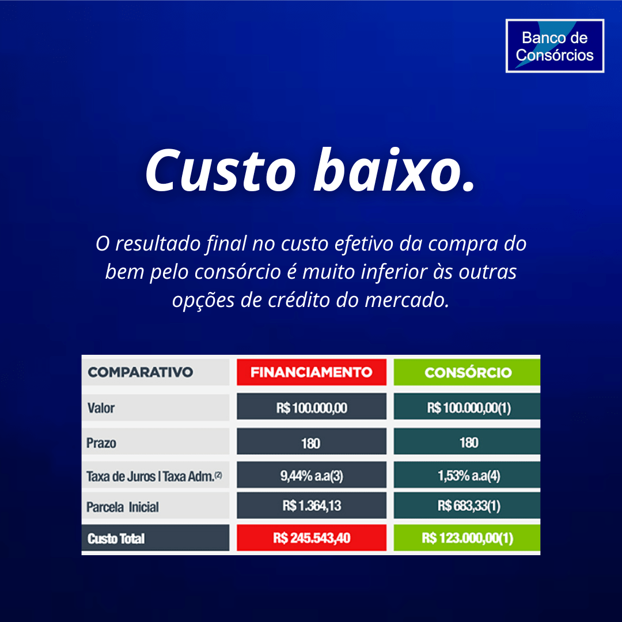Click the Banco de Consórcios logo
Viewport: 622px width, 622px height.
(x=555, y=46)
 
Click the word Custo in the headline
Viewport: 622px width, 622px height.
(x=221, y=170)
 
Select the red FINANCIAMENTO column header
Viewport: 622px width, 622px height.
(x=312, y=372)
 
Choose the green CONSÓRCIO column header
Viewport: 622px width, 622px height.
(x=467, y=372)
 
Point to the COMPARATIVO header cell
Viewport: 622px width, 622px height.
(x=155, y=372)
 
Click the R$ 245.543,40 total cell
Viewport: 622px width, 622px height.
(x=312, y=538)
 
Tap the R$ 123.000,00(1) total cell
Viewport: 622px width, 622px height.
(x=467, y=538)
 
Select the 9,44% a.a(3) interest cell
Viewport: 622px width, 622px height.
(x=312, y=475)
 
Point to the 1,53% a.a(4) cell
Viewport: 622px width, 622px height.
(x=467, y=475)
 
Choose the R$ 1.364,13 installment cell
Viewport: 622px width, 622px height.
(x=312, y=506)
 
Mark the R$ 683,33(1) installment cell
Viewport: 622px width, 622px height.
(x=467, y=506)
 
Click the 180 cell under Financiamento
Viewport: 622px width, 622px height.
(x=312, y=442)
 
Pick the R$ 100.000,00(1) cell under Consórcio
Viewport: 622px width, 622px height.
(x=467, y=407)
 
